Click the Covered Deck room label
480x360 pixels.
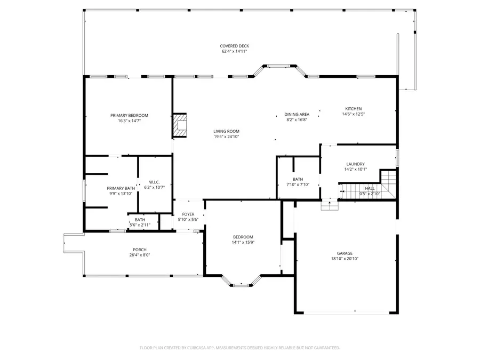(235, 46)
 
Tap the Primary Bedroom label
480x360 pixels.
(129, 115)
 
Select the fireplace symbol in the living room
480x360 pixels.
(180, 126)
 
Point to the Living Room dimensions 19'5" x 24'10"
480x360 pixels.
(226, 137)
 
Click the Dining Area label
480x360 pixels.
(297, 114)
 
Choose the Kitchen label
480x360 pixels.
(353, 108)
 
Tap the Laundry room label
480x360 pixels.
(355, 164)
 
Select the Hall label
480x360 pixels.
(370, 188)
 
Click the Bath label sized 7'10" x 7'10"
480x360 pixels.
(298, 179)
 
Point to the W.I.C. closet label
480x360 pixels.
(154, 182)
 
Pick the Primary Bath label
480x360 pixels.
(121, 188)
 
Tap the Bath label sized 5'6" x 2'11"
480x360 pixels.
(140, 220)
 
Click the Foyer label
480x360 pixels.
(188, 214)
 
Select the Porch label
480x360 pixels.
(140, 250)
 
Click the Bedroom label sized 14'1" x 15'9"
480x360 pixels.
(243, 237)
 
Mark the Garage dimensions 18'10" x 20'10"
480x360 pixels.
(345, 259)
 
